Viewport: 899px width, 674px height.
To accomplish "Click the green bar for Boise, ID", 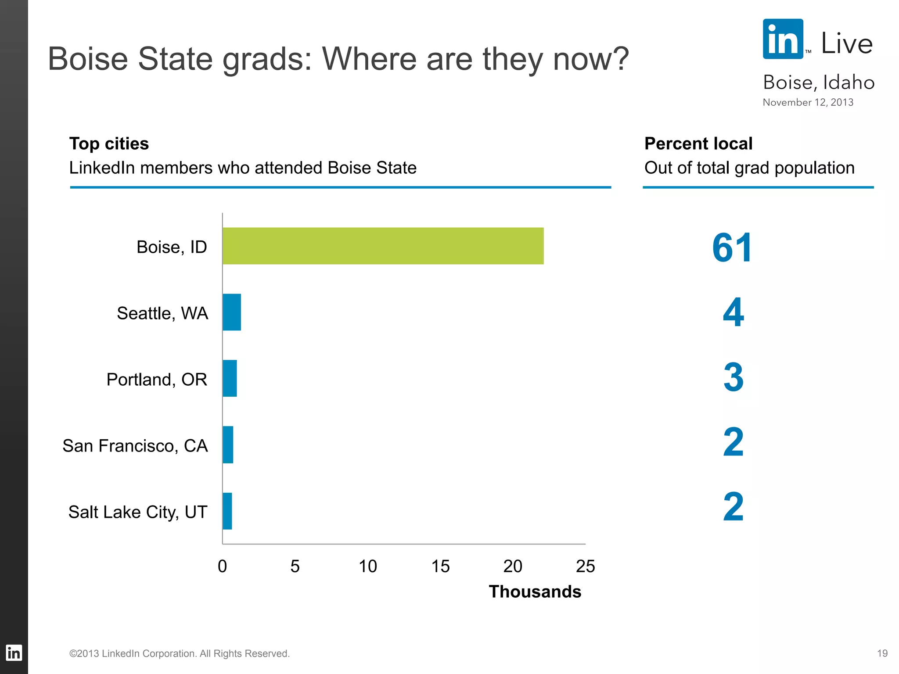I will click(383, 246).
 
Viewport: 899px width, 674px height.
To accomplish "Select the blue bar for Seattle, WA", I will click(232, 312).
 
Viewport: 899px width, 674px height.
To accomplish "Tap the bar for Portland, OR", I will click(230, 378).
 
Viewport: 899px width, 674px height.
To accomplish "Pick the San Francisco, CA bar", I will click(228, 445).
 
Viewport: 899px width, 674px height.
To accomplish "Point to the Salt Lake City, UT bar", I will click(227, 511).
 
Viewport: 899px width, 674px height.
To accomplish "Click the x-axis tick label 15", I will click(440, 566).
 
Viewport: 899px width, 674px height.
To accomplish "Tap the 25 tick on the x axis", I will click(585, 566).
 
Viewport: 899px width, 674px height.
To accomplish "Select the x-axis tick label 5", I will click(295, 566).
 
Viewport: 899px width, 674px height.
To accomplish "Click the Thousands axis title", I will click(535, 592).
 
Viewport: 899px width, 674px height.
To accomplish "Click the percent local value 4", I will click(733, 312).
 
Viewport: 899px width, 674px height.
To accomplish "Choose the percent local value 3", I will click(733, 377).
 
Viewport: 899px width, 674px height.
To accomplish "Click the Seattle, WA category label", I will click(162, 313).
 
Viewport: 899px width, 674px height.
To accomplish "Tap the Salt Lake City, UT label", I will click(138, 512).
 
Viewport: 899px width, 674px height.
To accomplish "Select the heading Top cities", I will click(109, 144).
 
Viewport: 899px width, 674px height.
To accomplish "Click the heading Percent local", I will click(698, 144).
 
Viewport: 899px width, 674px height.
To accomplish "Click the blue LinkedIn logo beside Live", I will click(783, 39).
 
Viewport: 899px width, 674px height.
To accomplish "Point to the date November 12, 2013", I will click(808, 102).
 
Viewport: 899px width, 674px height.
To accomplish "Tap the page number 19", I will click(882, 653).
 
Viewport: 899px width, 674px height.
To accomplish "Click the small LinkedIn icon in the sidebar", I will click(14, 653).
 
